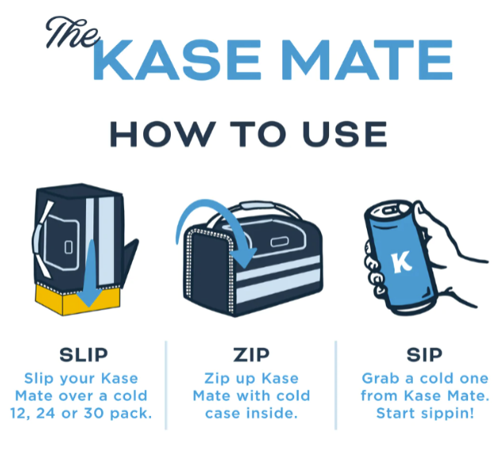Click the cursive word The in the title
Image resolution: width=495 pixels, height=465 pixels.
pos(73,32)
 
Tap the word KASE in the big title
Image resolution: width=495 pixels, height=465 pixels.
pos(177,59)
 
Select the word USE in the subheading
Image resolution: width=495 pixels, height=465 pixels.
pos(345,134)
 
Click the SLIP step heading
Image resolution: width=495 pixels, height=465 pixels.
pos(84,355)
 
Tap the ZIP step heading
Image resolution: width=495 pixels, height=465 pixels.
pos(251,355)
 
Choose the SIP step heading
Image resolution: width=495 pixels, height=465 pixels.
pos(425,355)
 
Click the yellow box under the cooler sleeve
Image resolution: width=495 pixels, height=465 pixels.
pos(77,299)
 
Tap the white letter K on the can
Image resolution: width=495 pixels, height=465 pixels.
pos(402,261)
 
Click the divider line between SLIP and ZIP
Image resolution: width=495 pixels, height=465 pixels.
pos(166,385)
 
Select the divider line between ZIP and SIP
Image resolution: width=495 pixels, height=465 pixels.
pos(336,385)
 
